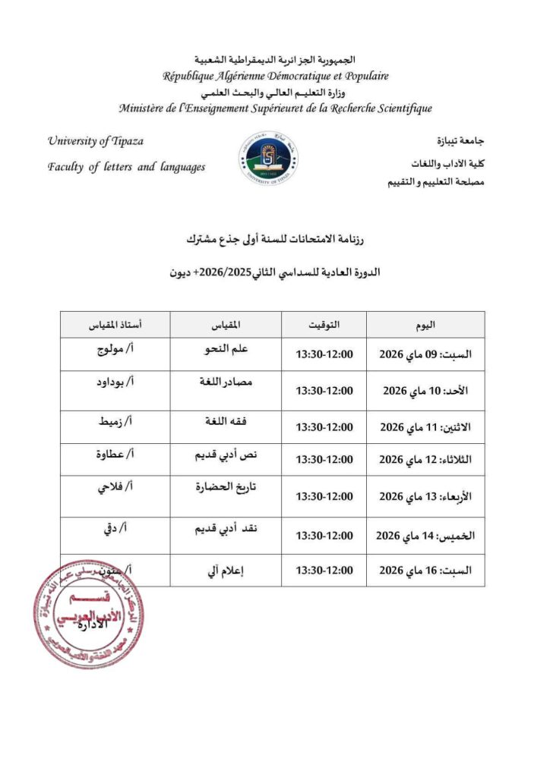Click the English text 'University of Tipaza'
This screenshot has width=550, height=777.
95,141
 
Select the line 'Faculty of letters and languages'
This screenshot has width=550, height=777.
126,167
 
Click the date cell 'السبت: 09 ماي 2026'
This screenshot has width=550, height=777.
425,354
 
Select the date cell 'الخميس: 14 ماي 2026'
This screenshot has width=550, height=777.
425,535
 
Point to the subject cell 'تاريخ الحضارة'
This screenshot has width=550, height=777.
226,487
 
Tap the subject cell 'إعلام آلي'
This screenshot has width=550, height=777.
226,570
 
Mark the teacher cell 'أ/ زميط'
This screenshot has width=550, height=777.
115,422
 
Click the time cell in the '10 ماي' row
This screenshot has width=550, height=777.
324,391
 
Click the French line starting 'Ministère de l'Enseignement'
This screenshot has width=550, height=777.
275,109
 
